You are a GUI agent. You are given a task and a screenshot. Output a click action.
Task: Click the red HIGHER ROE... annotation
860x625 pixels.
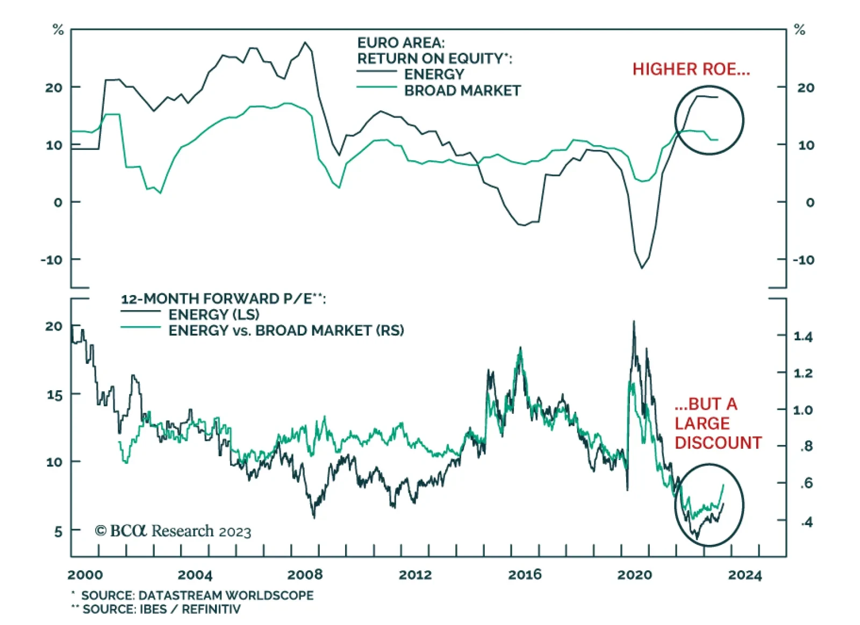point(691,69)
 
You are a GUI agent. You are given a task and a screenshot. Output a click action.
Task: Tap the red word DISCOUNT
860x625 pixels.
point(718,443)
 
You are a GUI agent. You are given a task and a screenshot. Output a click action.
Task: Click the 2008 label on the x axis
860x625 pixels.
point(305,574)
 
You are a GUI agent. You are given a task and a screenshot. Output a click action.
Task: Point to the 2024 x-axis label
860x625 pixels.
point(744,574)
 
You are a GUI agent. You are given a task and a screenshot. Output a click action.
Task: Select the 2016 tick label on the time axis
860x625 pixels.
point(525,574)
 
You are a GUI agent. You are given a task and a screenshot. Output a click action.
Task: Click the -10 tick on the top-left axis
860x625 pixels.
point(52,260)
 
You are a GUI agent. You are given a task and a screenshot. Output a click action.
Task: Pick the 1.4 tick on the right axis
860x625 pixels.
point(803,337)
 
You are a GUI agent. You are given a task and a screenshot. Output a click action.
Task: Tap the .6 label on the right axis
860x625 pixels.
point(806,483)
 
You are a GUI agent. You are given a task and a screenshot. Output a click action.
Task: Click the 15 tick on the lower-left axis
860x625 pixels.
point(54,395)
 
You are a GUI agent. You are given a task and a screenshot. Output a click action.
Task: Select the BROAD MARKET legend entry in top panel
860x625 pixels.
point(462,91)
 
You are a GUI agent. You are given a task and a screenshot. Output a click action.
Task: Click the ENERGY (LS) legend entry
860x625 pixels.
point(213,314)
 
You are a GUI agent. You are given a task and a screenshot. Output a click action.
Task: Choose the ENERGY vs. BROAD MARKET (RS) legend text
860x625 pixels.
point(286,331)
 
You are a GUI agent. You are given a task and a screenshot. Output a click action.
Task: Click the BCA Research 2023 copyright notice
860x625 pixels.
point(173,531)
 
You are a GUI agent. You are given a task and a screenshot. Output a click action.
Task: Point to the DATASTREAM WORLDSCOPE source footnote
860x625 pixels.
point(197,595)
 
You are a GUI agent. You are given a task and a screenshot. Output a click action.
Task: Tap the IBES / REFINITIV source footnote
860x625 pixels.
point(161,609)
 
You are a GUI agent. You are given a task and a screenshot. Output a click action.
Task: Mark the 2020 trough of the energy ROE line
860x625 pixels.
point(641,268)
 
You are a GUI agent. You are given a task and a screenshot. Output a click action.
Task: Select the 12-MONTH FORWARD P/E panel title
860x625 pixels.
point(223,299)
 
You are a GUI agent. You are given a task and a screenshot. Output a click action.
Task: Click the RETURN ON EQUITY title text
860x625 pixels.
point(434,58)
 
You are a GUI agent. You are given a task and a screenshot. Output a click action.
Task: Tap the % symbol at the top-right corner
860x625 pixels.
point(799,30)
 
